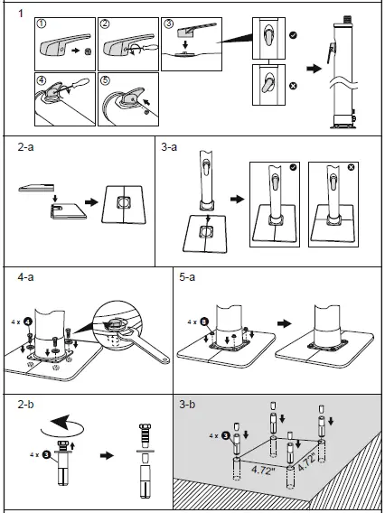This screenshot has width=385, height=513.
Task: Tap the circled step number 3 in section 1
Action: (x=170, y=22)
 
